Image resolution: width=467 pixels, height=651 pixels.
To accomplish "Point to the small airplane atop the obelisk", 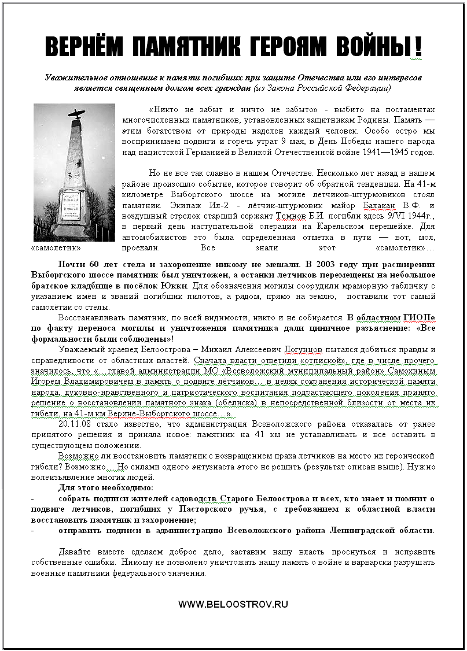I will tap(76, 112).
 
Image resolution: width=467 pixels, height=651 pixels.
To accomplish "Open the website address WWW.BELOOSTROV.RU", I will tap(233, 604).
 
